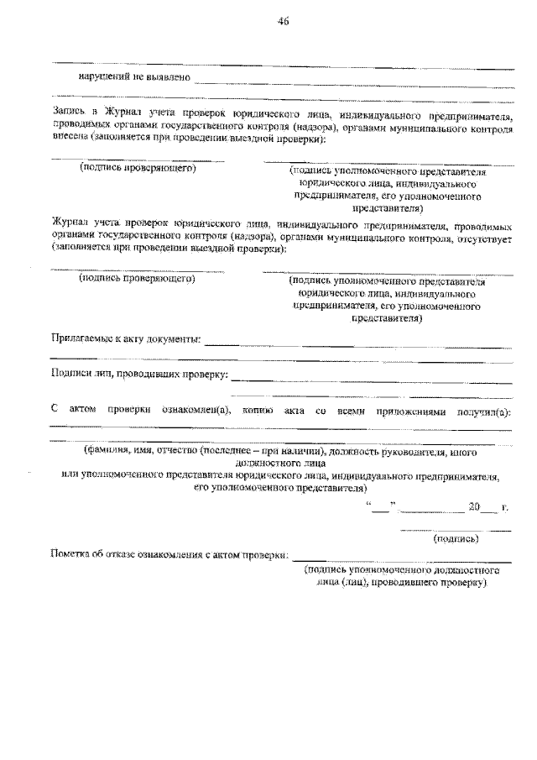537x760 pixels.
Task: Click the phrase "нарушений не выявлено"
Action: tap(134, 77)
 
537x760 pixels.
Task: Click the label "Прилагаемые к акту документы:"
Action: tap(126, 338)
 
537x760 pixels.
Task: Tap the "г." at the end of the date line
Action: tap(503, 507)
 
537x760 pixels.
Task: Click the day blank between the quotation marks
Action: tap(379, 507)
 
